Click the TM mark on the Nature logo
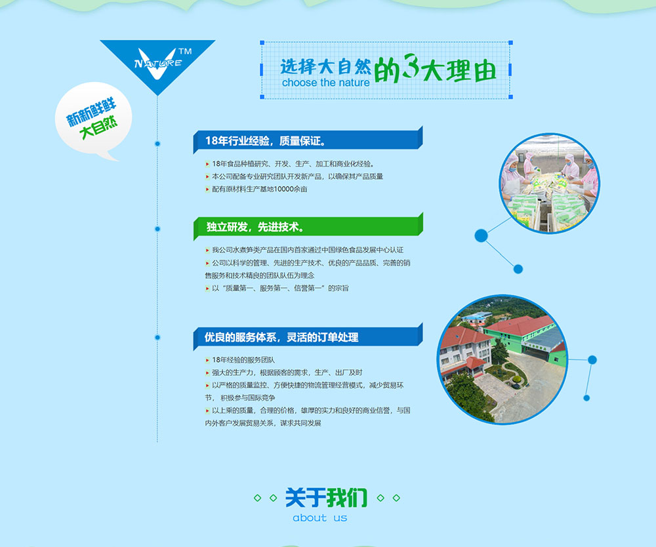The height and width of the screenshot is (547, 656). pos(185,51)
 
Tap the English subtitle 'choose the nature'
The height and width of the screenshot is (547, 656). pos(326,83)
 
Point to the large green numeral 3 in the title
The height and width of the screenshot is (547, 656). pos(411,66)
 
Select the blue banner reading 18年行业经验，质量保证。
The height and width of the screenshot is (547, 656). pos(308,140)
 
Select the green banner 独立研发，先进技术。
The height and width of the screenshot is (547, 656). pos(308,227)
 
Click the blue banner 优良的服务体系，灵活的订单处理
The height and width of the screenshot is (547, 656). pos(308,336)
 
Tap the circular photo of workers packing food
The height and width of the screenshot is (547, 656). pos(549,183)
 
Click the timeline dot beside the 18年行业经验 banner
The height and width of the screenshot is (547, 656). pos(157,144)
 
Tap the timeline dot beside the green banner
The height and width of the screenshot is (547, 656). pos(157,229)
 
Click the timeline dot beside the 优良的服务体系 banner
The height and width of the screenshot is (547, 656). pos(157,338)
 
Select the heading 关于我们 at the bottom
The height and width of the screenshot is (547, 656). pos(326,498)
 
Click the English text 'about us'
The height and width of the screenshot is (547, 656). pos(320,517)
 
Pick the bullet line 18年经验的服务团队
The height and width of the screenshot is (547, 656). pos(239,360)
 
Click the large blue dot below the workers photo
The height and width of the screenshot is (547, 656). pos(481,236)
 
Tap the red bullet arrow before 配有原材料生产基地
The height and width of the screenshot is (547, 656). pos(207,190)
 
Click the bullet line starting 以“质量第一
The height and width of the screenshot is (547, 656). pos(277,289)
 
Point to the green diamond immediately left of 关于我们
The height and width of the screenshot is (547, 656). pos(273,498)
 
